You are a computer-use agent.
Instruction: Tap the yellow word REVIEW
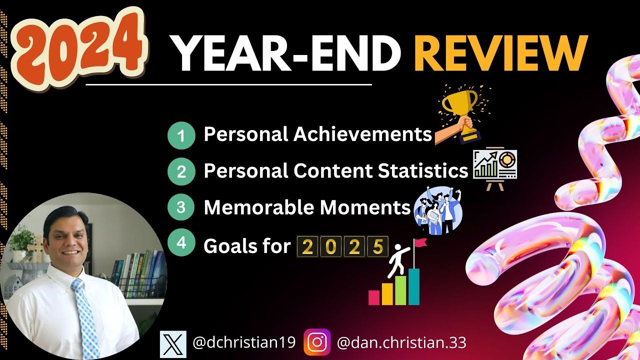coord(500,53)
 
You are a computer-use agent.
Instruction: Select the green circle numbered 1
coord(181,135)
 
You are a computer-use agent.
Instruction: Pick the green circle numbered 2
coord(181,171)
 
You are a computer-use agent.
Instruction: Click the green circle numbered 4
coord(181,242)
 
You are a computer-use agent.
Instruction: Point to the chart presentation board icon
coord(495,168)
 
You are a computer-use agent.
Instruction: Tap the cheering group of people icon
coord(437,211)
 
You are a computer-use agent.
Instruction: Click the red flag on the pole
coord(420,242)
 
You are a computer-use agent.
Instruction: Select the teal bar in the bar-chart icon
coord(414,286)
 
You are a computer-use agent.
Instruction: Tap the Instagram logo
coord(317,342)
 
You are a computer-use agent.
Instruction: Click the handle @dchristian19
coord(244,342)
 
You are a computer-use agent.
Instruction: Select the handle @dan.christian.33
coord(401,342)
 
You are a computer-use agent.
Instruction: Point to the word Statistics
coord(423,170)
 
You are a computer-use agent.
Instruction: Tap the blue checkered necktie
coord(85,317)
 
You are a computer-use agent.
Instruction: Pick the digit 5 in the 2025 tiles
coord(378,246)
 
